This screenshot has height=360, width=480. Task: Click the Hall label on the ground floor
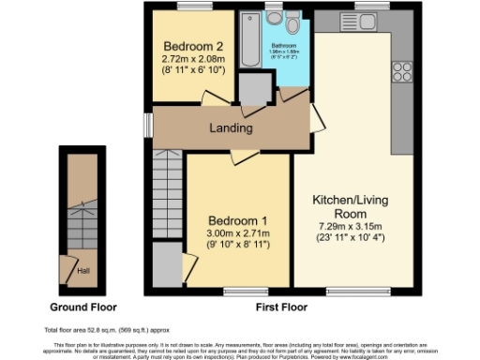coord(83,270)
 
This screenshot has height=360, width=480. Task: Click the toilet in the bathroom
coord(292,22)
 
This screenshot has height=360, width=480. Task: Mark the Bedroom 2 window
coord(193,7)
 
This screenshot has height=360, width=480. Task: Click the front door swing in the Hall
coord(68,266)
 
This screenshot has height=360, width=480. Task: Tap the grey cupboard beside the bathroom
coord(253,88)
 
